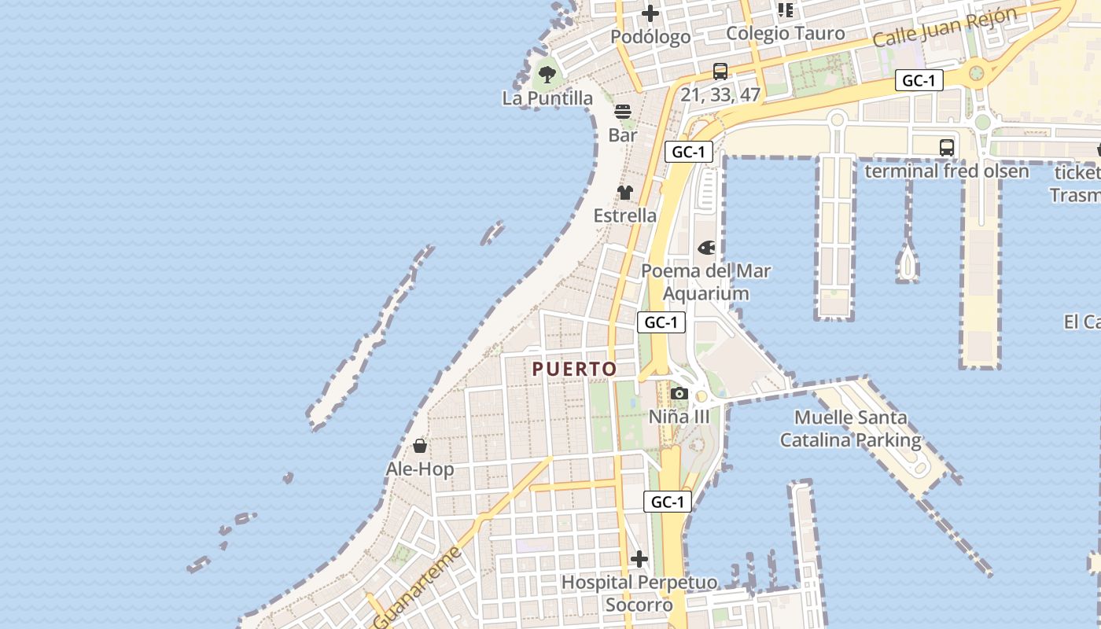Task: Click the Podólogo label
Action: [650, 36]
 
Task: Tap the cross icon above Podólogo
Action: [650, 13]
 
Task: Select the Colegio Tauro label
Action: [785, 33]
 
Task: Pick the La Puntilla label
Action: [547, 98]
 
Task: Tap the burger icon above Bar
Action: [623, 112]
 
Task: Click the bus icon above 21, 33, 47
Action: [720, 72]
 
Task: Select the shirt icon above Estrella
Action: [625, 193]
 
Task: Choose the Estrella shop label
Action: [625, 215]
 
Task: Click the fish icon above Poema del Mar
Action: [707, 248]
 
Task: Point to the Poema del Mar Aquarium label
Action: [706, 281]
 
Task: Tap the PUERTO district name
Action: [574, 369]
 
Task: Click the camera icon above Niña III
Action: [679, 394]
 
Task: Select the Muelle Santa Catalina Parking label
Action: [850, 429]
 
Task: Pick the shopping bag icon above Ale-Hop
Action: [420, 447]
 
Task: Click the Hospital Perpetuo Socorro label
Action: [639, 594]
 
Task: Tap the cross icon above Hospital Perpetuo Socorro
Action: [639, 560]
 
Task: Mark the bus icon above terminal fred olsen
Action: [947, 148]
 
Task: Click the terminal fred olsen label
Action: [947, 171]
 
